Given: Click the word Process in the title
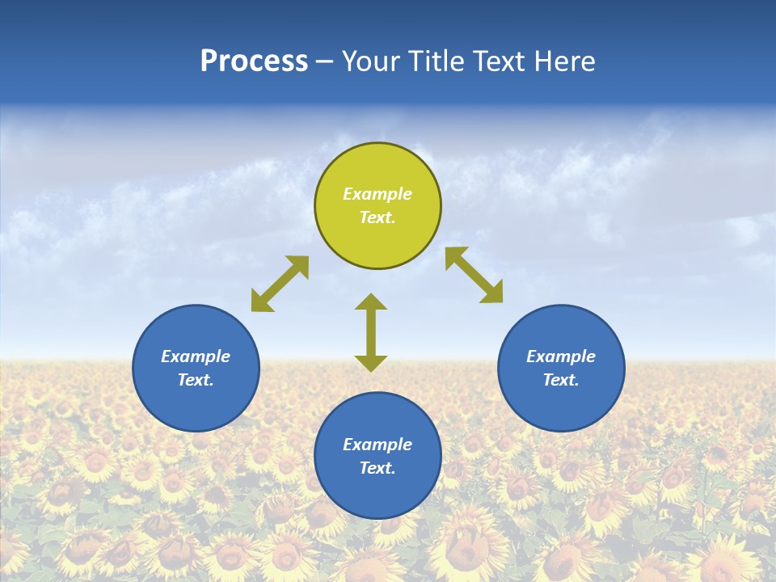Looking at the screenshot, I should coord(254,61).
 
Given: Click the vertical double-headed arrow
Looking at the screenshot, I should coord(371,332).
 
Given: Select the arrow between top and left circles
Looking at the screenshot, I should coord(280,284).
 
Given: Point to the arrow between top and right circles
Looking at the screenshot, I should coord(474,275).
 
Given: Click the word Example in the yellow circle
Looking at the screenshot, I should coord(377,194).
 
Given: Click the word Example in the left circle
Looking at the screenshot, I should coord(196,356).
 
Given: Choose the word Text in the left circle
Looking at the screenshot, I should coord(196,380).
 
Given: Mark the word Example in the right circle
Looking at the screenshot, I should coord(561,356).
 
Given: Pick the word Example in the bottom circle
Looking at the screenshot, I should coord(377,445).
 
